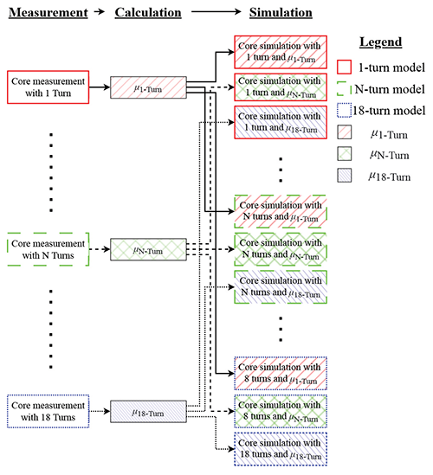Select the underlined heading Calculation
[x=146, y=14]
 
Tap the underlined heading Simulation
[x=280, y=14]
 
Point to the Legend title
[x=381, y=42]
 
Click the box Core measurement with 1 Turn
[x=48, y=87]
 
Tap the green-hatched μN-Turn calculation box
[x=146, y=251]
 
